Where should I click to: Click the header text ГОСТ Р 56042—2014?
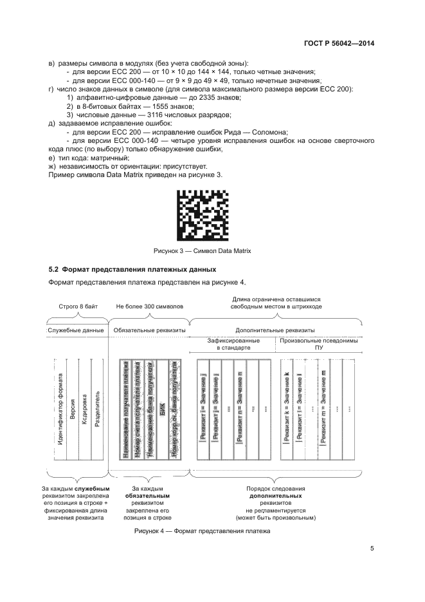339,43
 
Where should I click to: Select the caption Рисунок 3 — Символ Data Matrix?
202,250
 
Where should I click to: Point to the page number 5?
372,549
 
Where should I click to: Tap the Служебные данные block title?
76,330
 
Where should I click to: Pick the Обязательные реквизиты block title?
150,330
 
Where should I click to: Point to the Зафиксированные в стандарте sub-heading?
233,343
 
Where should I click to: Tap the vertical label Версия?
73,408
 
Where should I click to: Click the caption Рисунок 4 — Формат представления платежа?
202,531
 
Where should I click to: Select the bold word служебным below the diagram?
93,488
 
